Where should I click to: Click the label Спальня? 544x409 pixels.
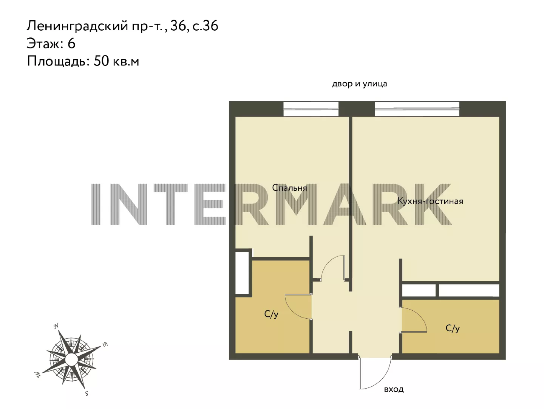click(289, 188)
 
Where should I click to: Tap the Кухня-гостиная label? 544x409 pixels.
click(430, 201)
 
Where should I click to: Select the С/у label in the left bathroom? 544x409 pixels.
click(271, 314)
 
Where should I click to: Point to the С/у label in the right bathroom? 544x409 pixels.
click(453, 328)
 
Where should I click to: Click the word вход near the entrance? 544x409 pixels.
click(394, 389)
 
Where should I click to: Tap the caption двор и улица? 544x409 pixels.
click(360, 84)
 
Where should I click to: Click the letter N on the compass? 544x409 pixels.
click(56, 326)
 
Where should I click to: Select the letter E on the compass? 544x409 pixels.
click(105, 344)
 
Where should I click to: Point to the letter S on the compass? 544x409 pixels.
click(87, 393)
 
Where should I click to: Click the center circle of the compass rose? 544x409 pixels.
click(72, 360)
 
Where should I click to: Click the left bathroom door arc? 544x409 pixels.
click(292, 311)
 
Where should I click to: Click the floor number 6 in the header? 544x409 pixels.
click(71, 43)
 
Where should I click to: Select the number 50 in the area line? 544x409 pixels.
click(101, 61)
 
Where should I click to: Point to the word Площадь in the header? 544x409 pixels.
click(56, 62)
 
